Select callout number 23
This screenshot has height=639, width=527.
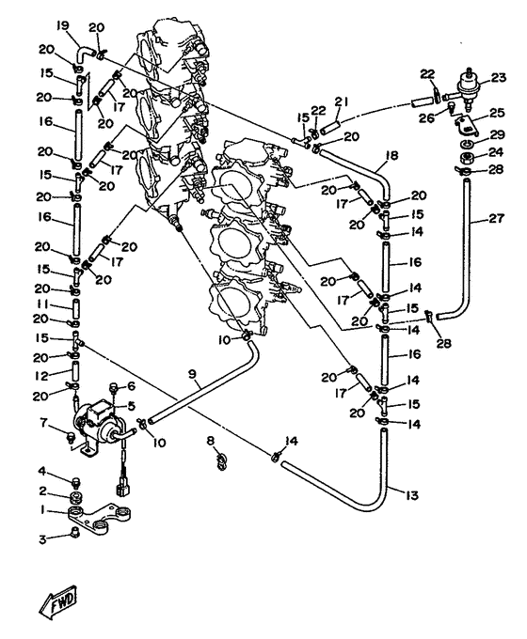click(x=498, y=77)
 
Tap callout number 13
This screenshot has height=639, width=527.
click(x=411, y=495)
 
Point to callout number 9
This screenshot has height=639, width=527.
click(x=193, y=373)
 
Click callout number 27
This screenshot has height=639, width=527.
click(x=496, y=218)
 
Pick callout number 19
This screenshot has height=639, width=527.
click(x=62, y=27)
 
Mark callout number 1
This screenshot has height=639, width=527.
click(x=42, y=511)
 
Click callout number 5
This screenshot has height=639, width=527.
click(x=131, y=406)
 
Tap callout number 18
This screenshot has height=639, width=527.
click(x=391, y=156)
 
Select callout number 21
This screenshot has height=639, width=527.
click(x=342, y=101)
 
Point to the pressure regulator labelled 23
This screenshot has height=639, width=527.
click(x=468, y=87)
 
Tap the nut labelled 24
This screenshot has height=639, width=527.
click(x=467, y=157)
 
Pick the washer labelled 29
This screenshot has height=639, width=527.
click(x=468, y=144)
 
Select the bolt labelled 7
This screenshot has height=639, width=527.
click(x=71, y=438)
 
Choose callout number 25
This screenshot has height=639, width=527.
click(x=497, y=113)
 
